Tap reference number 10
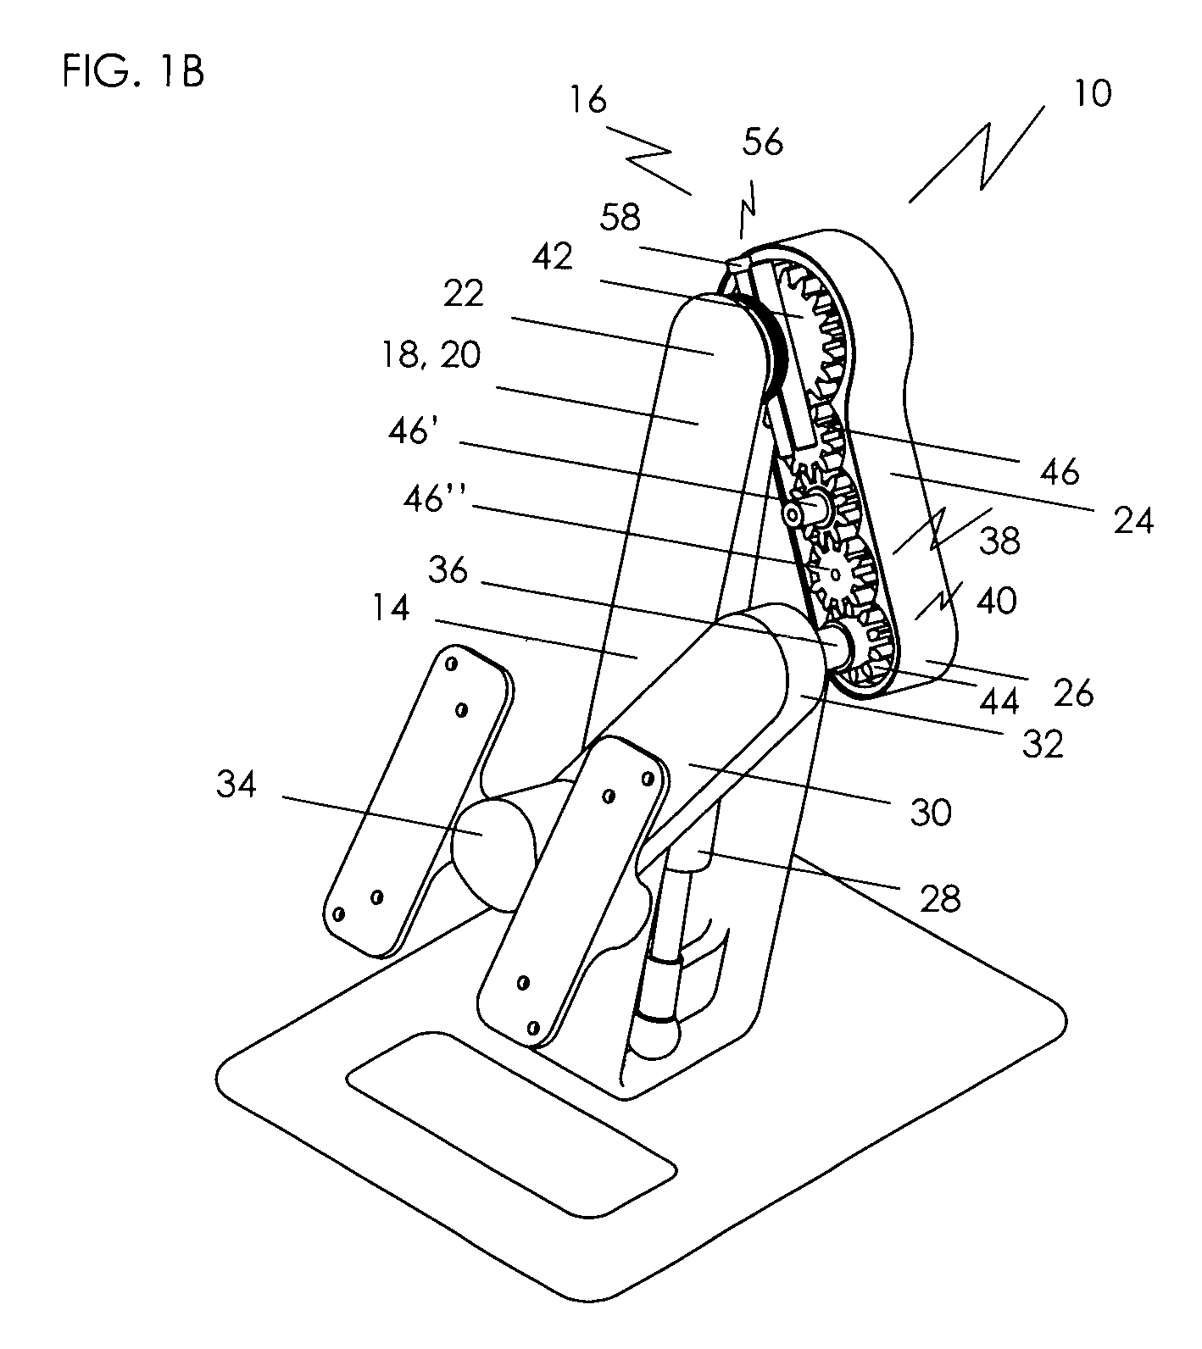[1093, 93]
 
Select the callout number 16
[588, 100]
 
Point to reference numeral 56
[763, 142]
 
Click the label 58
[620, 217]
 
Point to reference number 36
[448, 569]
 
